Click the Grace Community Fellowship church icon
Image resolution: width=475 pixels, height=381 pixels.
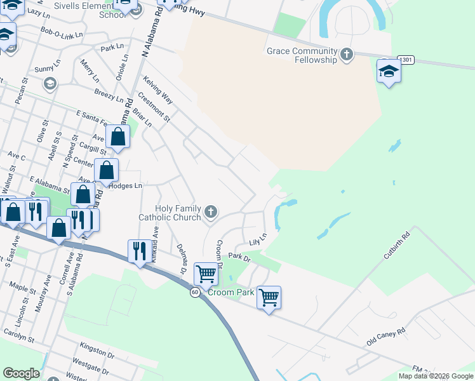(347, 54)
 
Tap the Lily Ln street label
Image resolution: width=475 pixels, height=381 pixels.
(257, 241)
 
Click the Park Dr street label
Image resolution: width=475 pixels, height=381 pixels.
(240, 257)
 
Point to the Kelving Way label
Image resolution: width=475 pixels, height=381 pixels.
(158, 89)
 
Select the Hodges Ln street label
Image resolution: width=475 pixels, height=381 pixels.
(124, 185)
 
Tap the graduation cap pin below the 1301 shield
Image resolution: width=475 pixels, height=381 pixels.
(388, 71)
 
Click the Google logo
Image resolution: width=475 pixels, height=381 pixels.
(21, 373)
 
